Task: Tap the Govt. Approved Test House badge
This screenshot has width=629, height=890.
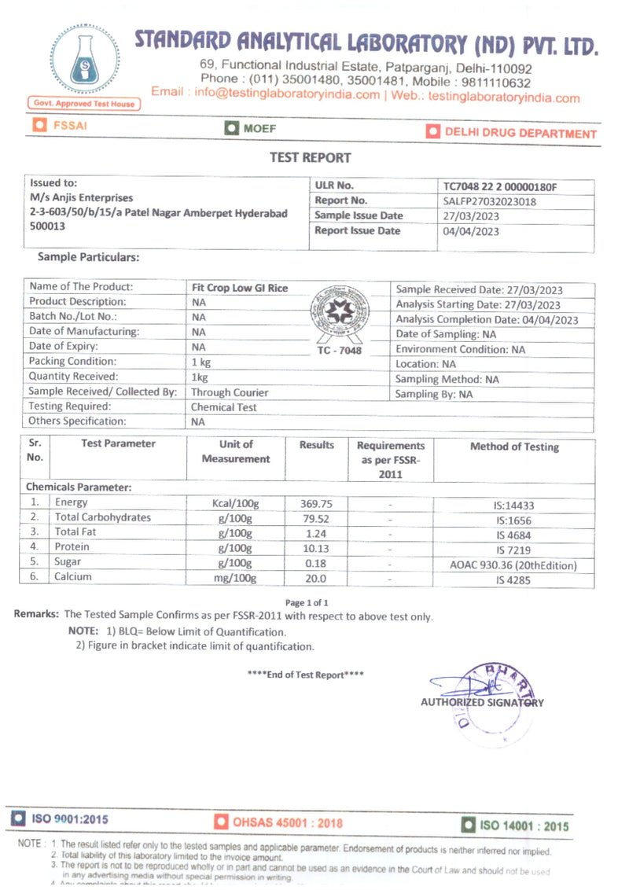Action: pos(84,103)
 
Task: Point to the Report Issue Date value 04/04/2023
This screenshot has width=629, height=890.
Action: pos(472,231)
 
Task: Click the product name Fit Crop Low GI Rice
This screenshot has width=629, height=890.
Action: pos(240,288)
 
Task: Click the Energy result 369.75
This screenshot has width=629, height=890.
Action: pos(316,503)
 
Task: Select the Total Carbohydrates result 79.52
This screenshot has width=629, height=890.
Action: pos(316,518)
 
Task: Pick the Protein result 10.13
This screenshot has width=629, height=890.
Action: pos(316,548)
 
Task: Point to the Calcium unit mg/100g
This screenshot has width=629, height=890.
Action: pos(235,578)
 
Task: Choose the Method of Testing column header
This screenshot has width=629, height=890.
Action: pos(514,447)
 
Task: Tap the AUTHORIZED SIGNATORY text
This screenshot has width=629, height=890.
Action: pos(481,702)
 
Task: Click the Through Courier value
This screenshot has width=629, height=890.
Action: pos(230,392)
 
